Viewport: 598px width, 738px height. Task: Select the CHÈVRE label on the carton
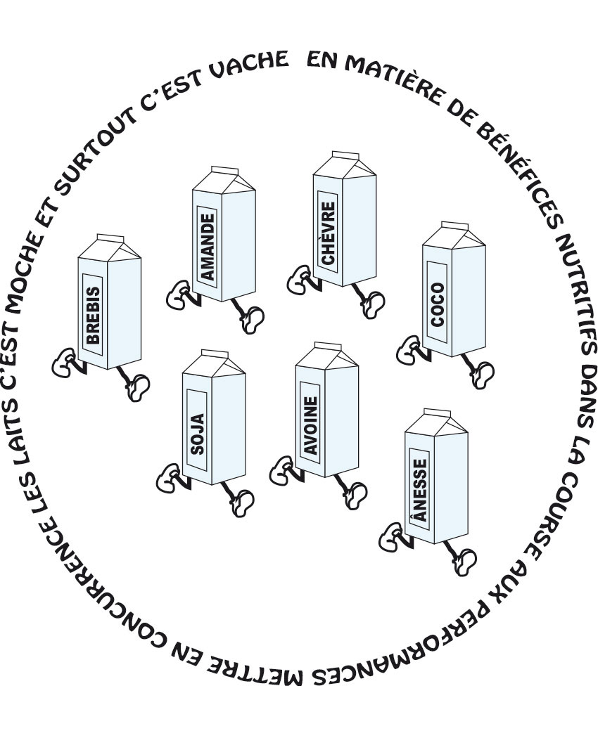pos(328,233)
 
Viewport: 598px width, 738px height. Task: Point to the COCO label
pos(438,304)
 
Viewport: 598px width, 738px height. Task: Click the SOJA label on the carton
pos(197,433)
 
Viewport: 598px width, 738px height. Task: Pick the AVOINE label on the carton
pos(310,425)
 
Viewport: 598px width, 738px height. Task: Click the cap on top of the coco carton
pos(454,226)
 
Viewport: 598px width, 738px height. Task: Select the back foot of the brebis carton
pos(64,363)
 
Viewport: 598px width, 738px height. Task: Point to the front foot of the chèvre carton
pos(372,305)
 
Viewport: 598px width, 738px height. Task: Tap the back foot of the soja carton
pos(168,479)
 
